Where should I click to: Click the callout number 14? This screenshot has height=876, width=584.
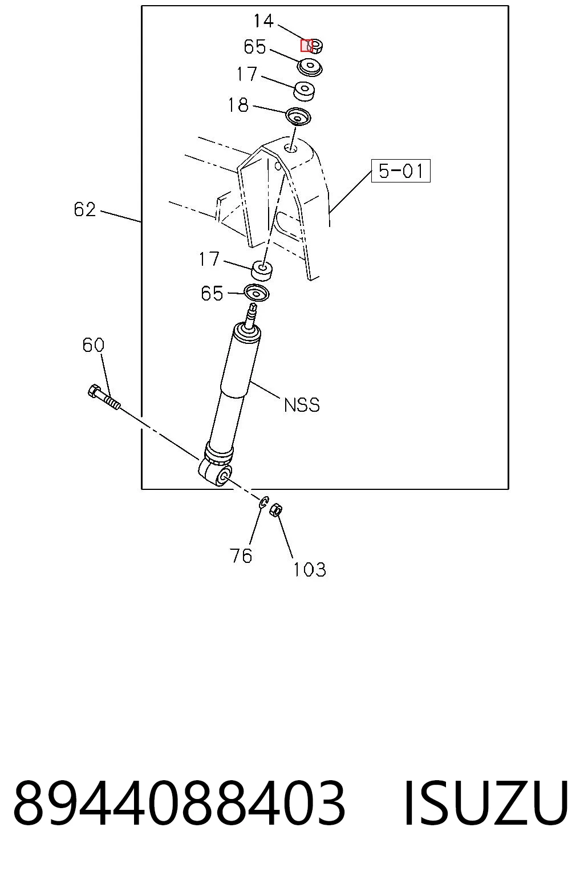(x=263, y=21)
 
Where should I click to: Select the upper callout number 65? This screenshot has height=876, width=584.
(x=254, y=47)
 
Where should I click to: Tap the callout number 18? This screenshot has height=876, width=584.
(x=238, y=105)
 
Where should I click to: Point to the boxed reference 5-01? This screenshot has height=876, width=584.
(x=400, y=171)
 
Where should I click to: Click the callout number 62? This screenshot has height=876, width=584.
(x=85, y=210)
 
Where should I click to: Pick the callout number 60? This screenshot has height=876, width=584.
(x=94, y=345)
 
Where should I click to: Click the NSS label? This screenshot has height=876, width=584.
(x=302, y=405)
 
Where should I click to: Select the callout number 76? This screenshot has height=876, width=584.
(x=241, y=555)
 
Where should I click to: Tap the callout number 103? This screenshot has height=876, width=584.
(x=310, y=569)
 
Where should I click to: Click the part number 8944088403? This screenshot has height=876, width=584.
(x=180, y=802)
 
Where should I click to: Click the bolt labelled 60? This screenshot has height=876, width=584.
(x=104, y=397)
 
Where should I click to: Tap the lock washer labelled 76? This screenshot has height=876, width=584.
(x=264, y=502)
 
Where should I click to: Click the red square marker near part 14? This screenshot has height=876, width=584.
(x=306, y=46)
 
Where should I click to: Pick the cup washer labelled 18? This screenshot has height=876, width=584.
(x=298, y=117)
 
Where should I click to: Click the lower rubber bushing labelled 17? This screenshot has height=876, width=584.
(x=262, y=271)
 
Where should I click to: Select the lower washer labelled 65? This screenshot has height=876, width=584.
(x=257, y=294)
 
